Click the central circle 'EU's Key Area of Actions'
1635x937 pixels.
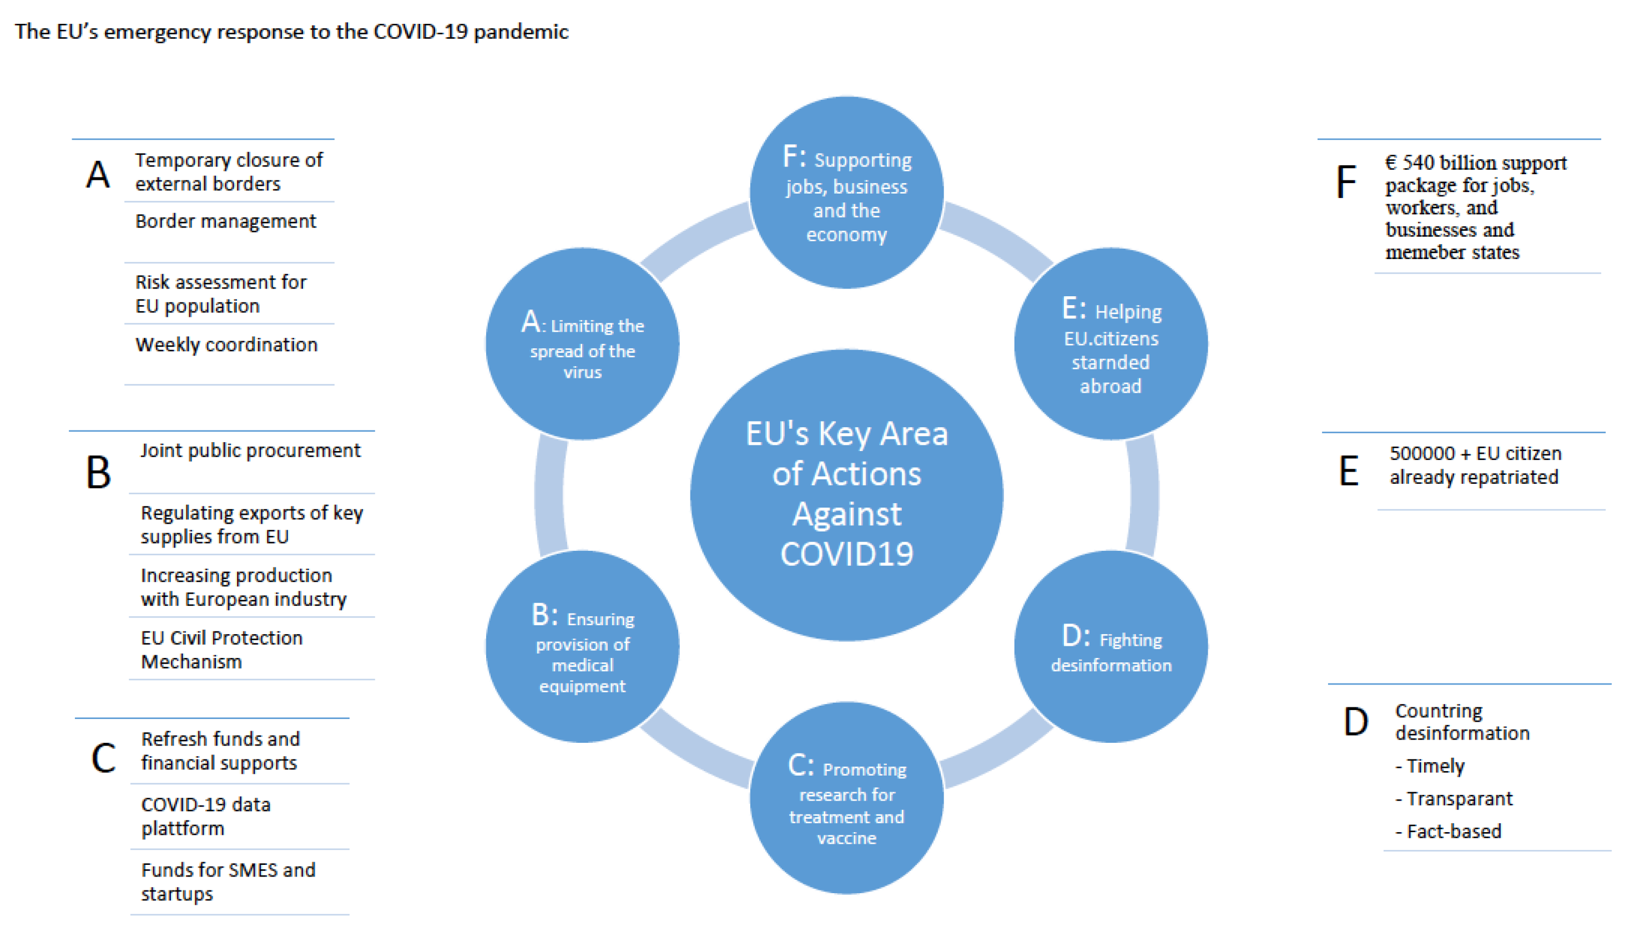click(x=846, y=495)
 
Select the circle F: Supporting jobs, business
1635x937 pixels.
click(x=846, y=193)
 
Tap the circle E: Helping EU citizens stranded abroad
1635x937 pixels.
click(x=1111, y=343)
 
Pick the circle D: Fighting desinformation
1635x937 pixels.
click(x=1111, y=646)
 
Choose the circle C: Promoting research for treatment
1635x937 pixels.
click(x=846, y=798)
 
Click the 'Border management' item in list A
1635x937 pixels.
click(x=225, y=221)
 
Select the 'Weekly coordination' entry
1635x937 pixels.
click(x=226, y=345)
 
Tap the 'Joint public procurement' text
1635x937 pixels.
click(x=250, y=450)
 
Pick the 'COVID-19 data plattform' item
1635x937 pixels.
click(x=205, y=816)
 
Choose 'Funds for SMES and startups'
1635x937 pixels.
click(x=228, y=882)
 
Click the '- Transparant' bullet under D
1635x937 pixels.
click(x=1454, y=799)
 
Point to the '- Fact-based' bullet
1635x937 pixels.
click(x=1447, y=832)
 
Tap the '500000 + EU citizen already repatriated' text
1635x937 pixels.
click(x=1475, y=465)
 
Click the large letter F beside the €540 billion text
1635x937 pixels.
click(x=1346, y=181)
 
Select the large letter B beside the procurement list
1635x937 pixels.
click(x=98, y=472)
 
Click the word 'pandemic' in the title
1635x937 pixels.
click(x=521, y=32)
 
